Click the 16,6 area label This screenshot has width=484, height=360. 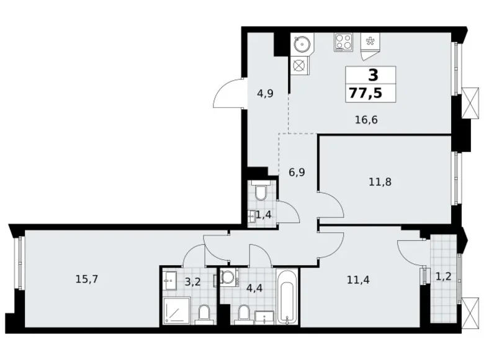tap(365, 120)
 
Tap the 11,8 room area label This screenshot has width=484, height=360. tap(380, 182)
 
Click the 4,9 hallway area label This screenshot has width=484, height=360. tap(266, 94)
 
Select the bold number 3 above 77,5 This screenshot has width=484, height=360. tap(372, 76)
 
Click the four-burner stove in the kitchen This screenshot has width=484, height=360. tap(343, 42)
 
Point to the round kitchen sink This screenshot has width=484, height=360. tap(303, 44)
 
